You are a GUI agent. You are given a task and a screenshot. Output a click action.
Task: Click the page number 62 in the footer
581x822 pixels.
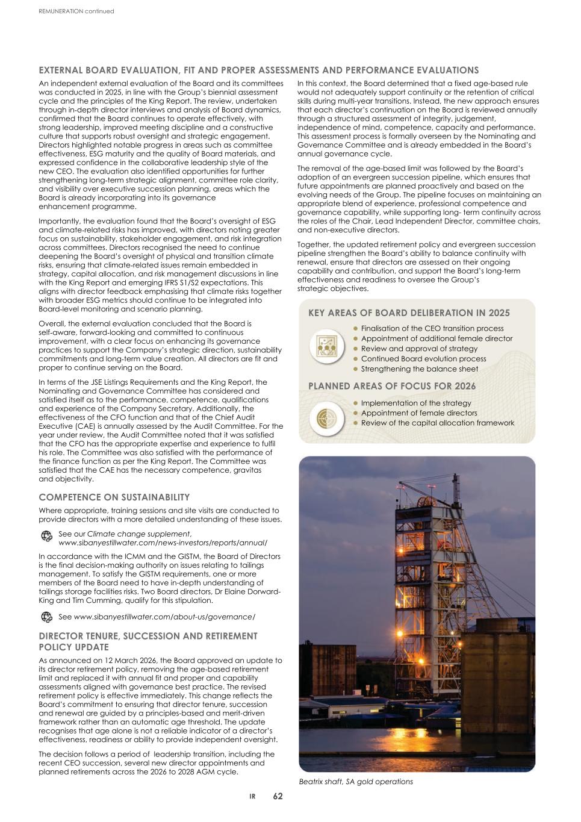click(x=278, y=796)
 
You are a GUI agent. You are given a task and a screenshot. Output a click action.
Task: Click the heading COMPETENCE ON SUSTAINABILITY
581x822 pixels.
click(x=114, y=497)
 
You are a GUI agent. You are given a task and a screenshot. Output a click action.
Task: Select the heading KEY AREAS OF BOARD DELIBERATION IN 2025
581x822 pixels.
click(x=409, y=313)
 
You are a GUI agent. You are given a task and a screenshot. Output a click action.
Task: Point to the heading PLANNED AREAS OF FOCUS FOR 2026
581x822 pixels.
click(x=392, y=387)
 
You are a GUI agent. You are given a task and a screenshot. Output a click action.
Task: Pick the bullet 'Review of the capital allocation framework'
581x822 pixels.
click(x=437, y=423)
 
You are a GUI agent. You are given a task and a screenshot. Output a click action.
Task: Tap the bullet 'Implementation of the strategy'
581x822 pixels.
click(x=416, y=403)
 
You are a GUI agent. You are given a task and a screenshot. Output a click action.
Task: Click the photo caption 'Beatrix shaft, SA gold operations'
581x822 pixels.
click(x=356, y=782)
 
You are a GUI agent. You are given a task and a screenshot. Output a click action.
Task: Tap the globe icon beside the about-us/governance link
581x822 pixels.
click(x=46, y=617)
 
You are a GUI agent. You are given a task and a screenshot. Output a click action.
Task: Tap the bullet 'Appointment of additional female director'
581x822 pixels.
click(x=437, y=338)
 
